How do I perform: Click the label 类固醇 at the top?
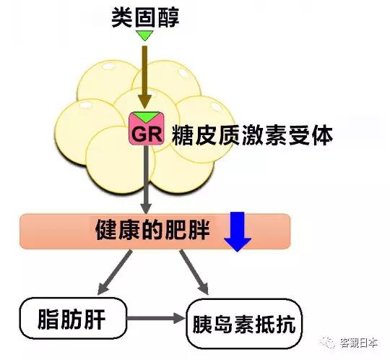145,17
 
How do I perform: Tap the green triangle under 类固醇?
144,35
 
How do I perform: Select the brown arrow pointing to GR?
144,77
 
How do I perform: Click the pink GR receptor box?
147,128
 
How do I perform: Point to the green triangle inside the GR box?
147,116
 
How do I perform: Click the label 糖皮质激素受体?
252,136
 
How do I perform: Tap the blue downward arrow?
238,231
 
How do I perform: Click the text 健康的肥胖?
152,230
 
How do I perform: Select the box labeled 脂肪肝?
73,318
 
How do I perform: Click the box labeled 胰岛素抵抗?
244,324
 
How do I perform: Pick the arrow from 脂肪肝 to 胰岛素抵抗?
156,318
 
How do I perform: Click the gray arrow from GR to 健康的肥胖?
146,179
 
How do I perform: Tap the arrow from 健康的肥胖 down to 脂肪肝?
114,273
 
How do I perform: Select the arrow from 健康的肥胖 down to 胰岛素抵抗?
194,272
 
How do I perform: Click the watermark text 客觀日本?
359,343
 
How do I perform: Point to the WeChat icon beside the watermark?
328,343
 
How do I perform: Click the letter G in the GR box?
139,134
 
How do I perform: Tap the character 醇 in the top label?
168,17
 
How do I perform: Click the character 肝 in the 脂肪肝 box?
95,319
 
